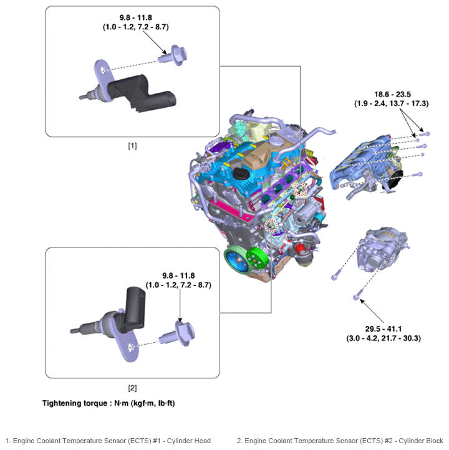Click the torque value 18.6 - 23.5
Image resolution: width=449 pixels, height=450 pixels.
(392, 94)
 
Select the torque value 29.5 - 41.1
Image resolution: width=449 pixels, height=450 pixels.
(384, 328)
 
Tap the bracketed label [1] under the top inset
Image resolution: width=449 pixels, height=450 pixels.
(132, 146)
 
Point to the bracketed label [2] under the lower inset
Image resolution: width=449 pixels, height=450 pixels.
(132, 388)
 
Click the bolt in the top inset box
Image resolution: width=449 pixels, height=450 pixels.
(173, 55)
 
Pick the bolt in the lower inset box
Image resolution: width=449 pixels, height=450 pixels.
(178, 334)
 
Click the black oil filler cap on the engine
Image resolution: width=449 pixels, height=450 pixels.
(240, 173)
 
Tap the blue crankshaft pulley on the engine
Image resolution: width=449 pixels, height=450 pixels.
(236, 261)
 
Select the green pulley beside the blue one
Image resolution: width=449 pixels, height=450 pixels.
(257, 257)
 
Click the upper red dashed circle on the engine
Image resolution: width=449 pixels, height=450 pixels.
(301, 189)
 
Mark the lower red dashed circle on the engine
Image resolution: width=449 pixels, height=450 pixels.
(271, 226)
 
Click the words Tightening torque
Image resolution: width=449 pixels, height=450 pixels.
(75, 403)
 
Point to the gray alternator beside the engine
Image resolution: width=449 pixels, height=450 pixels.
(382, 249)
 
